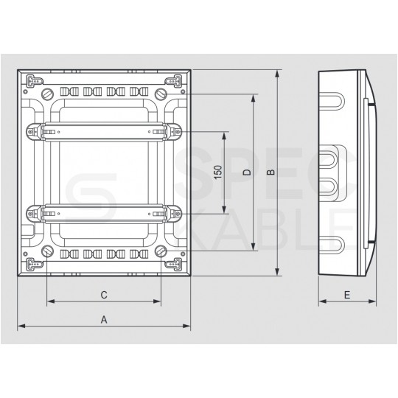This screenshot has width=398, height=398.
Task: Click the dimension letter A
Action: coord(104,319)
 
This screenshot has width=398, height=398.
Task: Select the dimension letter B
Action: coord(270,172)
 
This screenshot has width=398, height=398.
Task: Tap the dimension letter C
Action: coord(104,294)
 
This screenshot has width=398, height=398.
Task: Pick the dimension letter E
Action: coord(347,294)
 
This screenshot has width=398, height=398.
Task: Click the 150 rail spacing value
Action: coord(217,173)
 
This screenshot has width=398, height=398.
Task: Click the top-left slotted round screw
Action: coord(49,95)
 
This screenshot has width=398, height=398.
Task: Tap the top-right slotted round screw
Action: coord(160,95)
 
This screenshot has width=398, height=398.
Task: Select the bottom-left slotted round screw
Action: coord(49,251)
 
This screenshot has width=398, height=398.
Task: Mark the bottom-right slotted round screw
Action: coord(160,251)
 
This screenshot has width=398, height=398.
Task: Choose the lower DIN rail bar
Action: coord(104,213)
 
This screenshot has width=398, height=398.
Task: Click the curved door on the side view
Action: coord(373,173)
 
